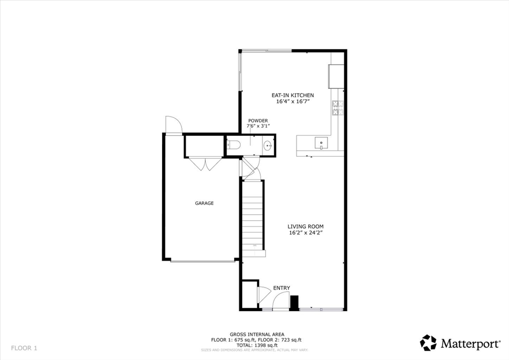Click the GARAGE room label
point(204,203)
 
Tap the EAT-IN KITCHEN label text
point(292,95)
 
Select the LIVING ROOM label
point(309,226)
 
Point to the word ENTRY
point(281,288)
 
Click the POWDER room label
point(258,121)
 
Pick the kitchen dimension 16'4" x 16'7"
point(293,101)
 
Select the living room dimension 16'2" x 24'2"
point(309,233)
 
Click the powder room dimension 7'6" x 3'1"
point(258,126)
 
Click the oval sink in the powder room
point(267,146)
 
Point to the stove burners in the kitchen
point(338,108)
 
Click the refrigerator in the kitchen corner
point(336,75)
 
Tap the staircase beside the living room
point(253,219)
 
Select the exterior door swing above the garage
point(173,125)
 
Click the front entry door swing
point(281,301)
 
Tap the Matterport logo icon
point(428,343)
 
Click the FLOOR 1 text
point(24,348)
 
